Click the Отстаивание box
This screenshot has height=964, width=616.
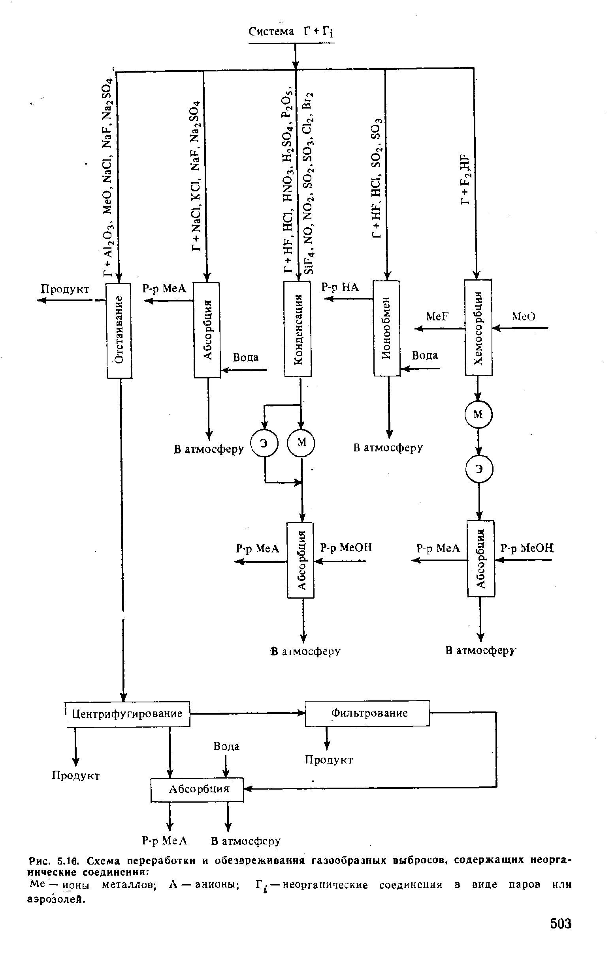[x=119, y=330]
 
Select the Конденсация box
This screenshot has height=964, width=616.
[x=298, y=329]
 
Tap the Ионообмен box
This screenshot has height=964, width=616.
[x=386, y=328]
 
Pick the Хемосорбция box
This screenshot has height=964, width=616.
[x=478, y=327]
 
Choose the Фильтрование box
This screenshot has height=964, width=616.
[x=367, y=713]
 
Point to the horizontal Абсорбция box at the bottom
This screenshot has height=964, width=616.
[x=197, y=789]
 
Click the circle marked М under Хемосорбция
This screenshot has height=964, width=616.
[x=478, y=414]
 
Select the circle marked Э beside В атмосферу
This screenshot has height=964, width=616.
[x=264, y=443]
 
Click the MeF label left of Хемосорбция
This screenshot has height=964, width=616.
[x=437, y=316]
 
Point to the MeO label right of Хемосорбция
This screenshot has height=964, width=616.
[x=524, y=316]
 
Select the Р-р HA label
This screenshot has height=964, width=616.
[x=340, y=287]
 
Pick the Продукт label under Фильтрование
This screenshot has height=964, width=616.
[x=329, y=760]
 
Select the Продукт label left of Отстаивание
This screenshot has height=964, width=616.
[x=66, y=289]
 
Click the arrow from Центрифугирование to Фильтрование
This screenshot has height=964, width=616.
[x=247, y=713]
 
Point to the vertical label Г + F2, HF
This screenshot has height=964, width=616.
[x=466, y=179]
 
